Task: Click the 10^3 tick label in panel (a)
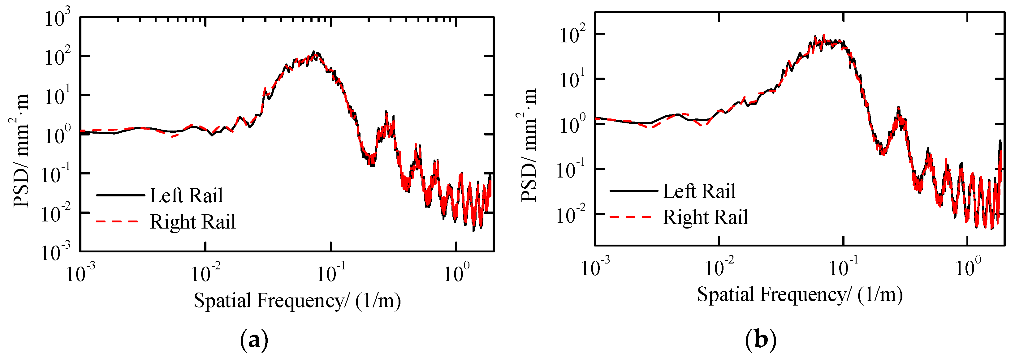[58, 19]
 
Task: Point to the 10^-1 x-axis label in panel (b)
[843, 268]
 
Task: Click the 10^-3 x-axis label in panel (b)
[595, 268]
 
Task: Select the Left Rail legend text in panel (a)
[186, 196]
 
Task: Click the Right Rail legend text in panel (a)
[193, 222]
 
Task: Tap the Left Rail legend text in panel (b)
[699, 191]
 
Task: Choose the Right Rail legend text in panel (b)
[705, 217]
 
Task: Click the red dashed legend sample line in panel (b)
[630, 216]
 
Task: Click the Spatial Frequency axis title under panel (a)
[297, 301]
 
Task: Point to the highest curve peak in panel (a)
[314, 52]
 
